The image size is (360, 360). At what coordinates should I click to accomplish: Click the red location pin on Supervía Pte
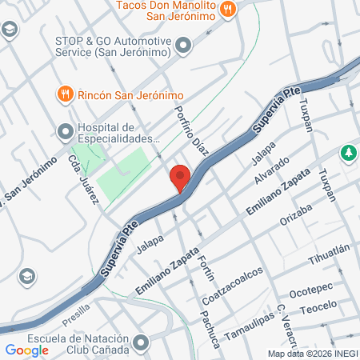tap(180, 178)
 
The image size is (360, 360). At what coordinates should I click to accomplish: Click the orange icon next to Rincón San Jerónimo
tap(65, 94)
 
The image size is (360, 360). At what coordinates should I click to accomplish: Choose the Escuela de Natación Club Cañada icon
tap(142, 342)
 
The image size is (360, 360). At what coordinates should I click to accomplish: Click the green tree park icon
tap(349, 153)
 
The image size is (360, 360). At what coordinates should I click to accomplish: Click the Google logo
tap(27, 350)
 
